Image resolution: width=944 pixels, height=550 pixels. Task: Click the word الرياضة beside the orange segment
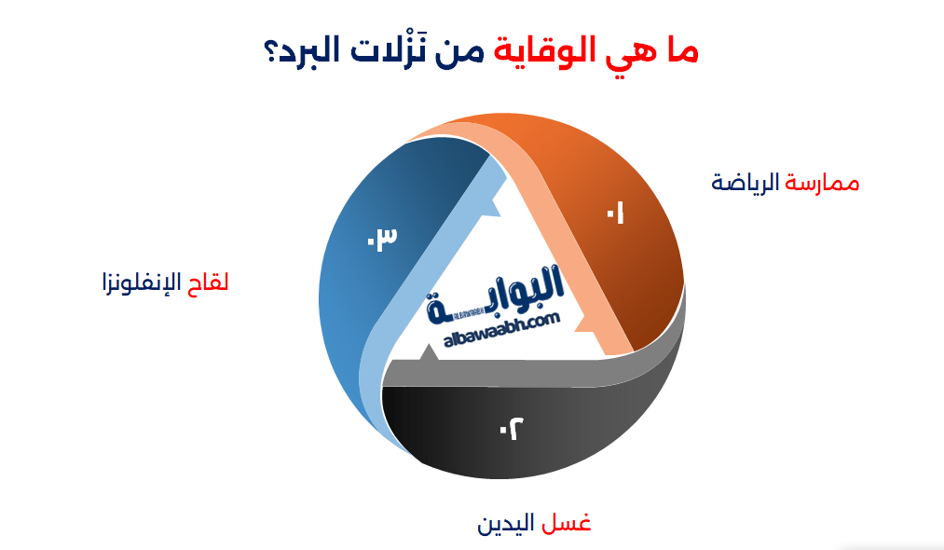pos(746,183)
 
